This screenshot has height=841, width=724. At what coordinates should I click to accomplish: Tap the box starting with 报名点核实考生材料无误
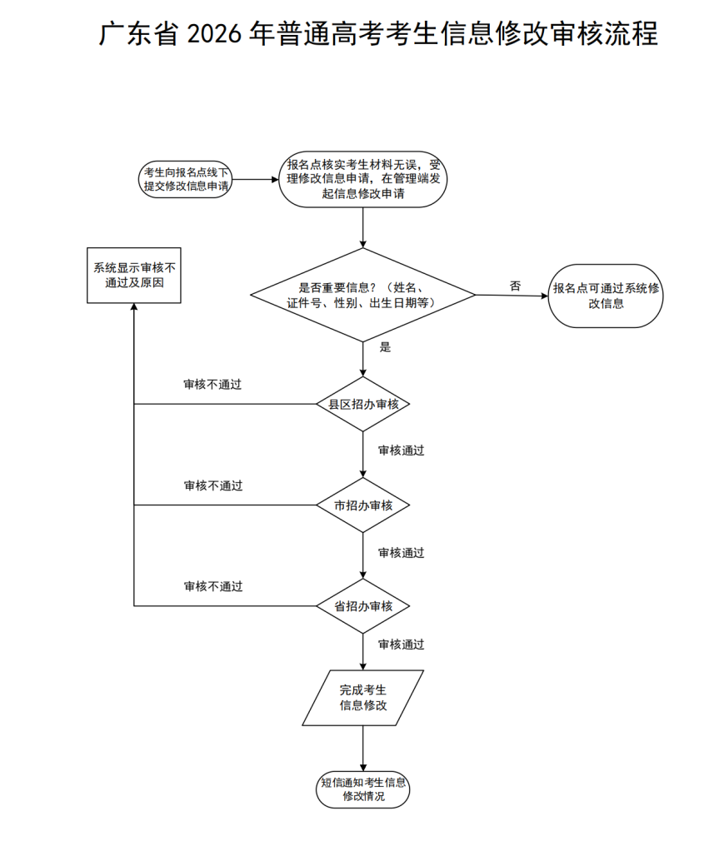(x=363, y=179)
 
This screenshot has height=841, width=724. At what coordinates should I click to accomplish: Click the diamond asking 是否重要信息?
(x=363, y=295)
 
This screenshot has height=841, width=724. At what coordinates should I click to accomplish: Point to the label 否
(x=515, y=286)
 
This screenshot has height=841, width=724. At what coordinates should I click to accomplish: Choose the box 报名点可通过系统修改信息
(x=606, y=296)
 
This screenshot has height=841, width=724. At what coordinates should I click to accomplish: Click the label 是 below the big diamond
(x=385, y=347)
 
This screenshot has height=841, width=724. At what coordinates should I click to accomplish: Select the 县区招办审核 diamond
(x=363, y=404)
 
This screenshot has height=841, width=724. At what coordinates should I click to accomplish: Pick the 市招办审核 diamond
(x=363, y=505)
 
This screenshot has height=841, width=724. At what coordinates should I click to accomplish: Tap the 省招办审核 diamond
(x=363, y=606)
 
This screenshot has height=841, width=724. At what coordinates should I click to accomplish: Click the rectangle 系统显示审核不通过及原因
(x=134, y=275)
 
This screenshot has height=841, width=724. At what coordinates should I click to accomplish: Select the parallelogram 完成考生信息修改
(x=363, y=698)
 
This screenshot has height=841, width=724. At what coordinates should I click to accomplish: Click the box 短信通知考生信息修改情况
(x=363, y=789)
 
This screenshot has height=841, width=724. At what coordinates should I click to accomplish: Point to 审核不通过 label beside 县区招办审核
(x=212, y=385)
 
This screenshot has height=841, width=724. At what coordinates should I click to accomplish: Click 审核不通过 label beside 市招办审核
(x=212, y=485)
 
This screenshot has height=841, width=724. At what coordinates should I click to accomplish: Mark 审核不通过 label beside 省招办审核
(x=212, y=586)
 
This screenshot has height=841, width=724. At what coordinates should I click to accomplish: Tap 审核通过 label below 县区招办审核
(x=401, y=450)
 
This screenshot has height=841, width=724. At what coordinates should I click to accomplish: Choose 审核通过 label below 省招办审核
(x=401, y=644)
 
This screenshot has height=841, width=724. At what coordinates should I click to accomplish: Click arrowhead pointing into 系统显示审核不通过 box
(x=134, y=307)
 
